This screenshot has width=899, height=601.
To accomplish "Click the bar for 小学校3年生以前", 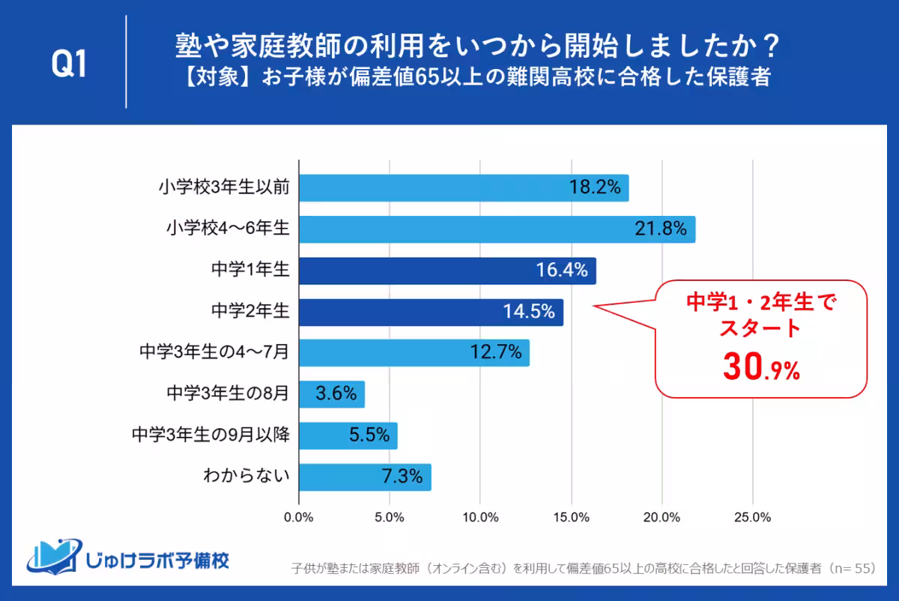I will click(464, 188).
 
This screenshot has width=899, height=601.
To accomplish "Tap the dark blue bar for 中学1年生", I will click(447, 271).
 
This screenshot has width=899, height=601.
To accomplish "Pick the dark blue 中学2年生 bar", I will click(431, 312).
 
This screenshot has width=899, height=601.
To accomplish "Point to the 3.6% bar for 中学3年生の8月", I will click(332, 393).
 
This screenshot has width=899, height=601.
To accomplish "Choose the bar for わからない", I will click(365, 476).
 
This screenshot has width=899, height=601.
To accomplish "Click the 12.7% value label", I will click(497, 352).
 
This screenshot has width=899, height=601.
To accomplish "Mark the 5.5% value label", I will click(369, 435).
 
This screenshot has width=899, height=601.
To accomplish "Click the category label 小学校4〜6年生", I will click(228, 229).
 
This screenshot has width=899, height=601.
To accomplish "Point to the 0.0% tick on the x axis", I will click(299, 517).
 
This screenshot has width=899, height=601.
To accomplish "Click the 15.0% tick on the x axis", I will click(571, 517).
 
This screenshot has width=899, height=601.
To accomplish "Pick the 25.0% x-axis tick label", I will click(752, 517).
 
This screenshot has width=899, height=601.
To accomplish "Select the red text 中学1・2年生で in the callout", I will click(760, 303).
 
